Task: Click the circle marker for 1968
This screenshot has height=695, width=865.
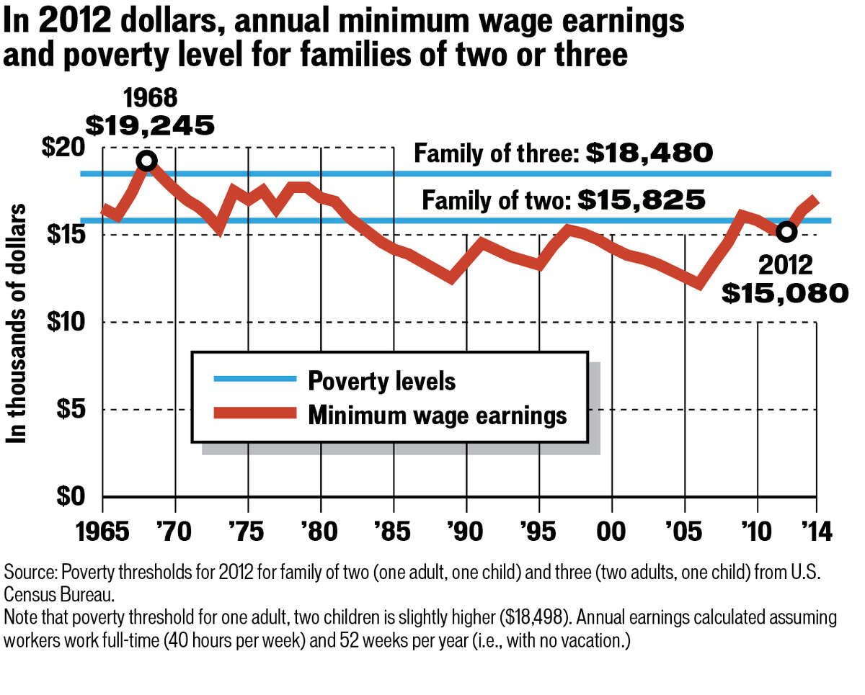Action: (146, 161)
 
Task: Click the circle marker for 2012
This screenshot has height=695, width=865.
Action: (786, 231)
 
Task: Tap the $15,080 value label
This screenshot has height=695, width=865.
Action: (785, 292)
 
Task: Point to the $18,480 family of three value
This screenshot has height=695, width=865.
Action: (649, 153)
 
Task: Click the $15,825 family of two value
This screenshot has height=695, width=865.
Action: (641, 199)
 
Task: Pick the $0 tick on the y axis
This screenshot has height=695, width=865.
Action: (71, 497)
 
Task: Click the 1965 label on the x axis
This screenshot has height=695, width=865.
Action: (102, 533)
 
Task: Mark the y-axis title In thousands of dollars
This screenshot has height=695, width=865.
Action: (17, 323)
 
